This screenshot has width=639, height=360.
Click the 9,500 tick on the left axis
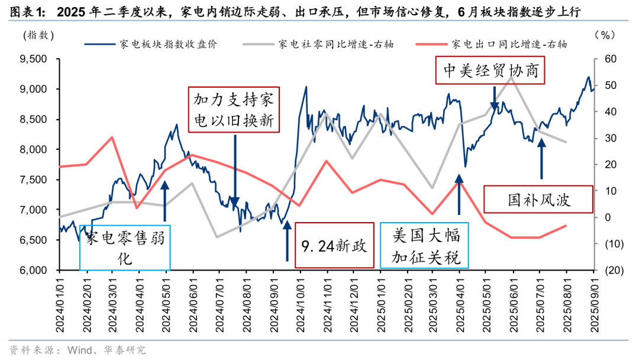34,59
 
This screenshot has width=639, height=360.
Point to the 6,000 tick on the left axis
34,271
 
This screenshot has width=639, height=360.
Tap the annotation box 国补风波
538,199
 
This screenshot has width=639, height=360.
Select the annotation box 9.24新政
334,245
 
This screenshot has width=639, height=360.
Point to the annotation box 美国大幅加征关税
424,245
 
